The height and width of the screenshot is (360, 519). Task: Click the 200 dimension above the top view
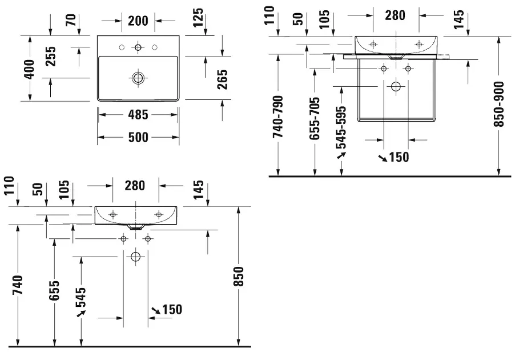(x=138, y=21)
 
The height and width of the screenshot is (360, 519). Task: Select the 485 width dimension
(x=138, y=115)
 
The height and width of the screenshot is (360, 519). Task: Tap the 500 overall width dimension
(x=138, y=137)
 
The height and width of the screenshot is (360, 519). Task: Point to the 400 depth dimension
(x=30, y=69)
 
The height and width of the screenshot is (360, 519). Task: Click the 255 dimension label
(x=50, y=57)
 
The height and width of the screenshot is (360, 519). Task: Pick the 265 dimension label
(x=222, y=79)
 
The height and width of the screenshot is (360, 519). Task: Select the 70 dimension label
(x=71, y=20)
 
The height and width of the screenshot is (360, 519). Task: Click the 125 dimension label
(x=198, y=17)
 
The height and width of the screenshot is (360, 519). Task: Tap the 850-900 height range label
(x=498, y=104)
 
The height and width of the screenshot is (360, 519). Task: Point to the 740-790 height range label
(x=278, y=117)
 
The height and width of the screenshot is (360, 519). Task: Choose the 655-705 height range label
(x=315, y=118)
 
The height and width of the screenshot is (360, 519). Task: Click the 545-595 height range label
(x=341, y=127)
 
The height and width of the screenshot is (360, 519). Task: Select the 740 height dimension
(x=18, y=285)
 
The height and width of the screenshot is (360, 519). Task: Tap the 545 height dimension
(x=81, y=297)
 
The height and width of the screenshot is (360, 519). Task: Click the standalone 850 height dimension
(x=238, y=276)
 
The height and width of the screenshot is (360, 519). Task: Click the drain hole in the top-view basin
(x=138, y=78)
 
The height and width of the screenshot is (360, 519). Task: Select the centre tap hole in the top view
(x=138, y=47)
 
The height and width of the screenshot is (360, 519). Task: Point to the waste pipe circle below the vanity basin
(x=396, y=86)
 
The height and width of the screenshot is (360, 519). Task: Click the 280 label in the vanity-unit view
(x=395, y=15)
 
